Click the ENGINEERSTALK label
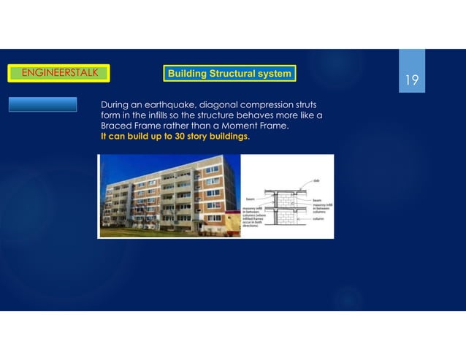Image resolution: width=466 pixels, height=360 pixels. coord(58,72)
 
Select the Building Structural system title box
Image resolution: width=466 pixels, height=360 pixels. coord(229,74)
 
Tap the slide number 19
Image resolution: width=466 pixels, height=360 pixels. coord(412,80)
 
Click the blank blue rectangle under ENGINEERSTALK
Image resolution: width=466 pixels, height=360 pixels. coord(43,104)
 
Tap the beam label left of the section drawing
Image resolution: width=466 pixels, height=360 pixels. coord(250,199)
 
